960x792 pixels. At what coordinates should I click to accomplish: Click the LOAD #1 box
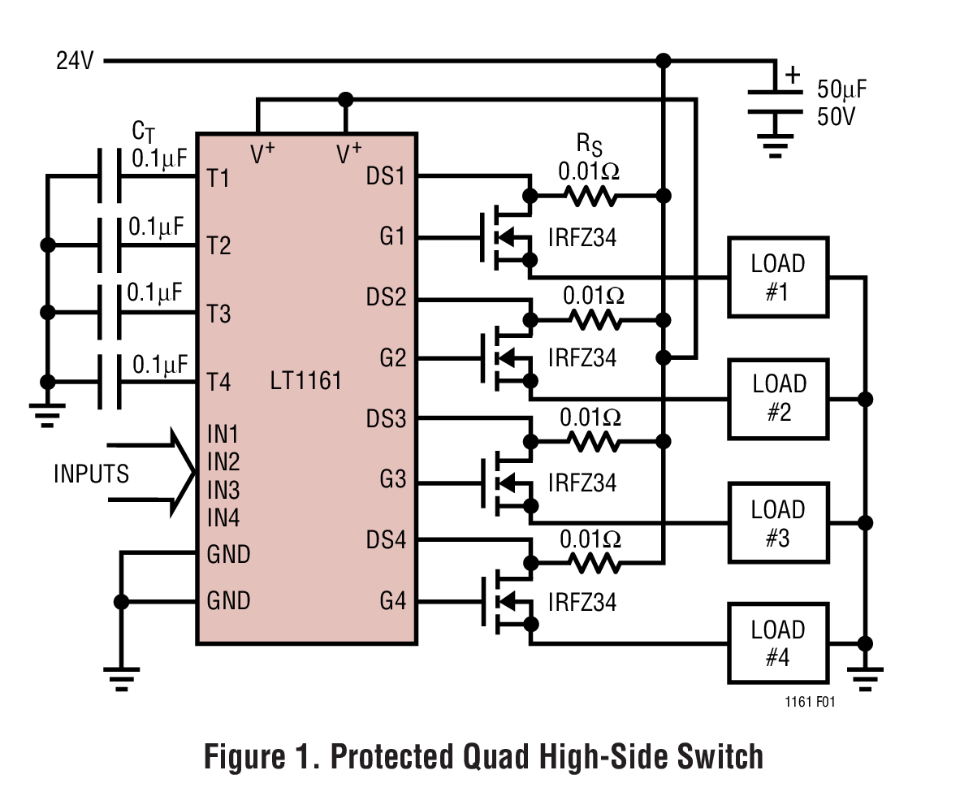778,277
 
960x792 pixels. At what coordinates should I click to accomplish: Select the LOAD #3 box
778,523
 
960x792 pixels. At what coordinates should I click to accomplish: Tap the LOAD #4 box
778,643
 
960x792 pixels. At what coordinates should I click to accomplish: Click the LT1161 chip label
305,380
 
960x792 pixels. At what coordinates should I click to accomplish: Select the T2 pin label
218,245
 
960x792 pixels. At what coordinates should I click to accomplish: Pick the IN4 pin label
223,517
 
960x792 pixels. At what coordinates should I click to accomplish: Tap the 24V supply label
75,61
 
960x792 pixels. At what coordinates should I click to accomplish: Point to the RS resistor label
590,145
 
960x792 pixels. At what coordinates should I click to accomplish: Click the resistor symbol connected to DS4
593,562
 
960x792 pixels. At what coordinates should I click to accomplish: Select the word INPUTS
91,474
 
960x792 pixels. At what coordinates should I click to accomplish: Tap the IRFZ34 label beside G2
582,357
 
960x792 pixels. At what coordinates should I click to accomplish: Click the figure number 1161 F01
810,703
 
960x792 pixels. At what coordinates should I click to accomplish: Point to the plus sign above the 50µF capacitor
793,76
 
